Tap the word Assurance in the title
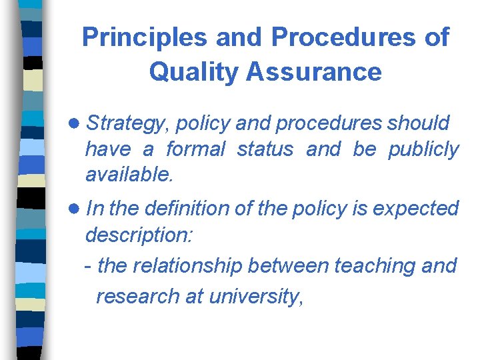point(315,71)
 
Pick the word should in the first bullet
point(418,123)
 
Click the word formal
point(196,149)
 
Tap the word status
point(266,149)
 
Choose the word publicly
point(424,149)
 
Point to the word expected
point(416,209)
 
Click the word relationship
point(191,265)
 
